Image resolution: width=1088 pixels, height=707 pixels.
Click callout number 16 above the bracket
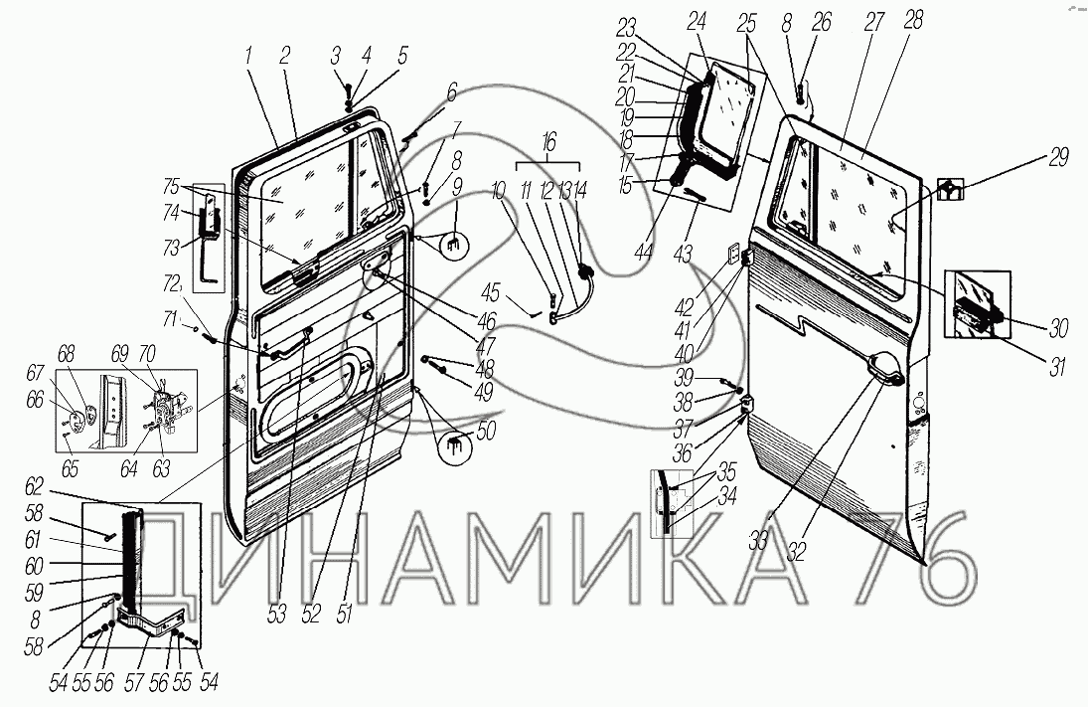[x=548, y=144]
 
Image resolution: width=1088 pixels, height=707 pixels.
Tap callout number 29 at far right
[x=1057, y=158]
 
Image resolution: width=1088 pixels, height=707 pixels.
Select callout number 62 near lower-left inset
[x=34, y=486]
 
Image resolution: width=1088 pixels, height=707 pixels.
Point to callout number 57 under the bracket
[x=134, y=682]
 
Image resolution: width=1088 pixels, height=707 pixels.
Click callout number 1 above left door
[x=247, y=58]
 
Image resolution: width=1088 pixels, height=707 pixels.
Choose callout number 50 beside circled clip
[x=486, y=432]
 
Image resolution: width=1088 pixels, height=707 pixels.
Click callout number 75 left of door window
[x=171, y=187]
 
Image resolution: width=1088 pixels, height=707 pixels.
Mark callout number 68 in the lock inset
[x=66, y=354]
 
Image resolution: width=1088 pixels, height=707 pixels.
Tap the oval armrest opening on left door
[x=312, y=400]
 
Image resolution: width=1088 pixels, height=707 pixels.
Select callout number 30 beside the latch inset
[x=1057, y=329]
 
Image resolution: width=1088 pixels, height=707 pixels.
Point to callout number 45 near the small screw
[x=491, y=293]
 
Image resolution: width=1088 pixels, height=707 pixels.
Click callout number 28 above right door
[x=913, y=20]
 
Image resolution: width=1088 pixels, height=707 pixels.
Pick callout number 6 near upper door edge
[x=452, y=92]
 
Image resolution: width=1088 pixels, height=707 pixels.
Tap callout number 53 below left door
[x=276, y=615]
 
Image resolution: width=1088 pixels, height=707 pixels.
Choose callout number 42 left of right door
[x=685, y=307]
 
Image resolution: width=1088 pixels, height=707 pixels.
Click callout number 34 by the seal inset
[x=726, y=497]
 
